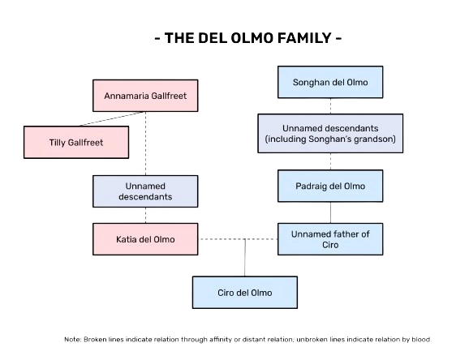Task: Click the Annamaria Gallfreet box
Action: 145,96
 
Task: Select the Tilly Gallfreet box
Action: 76,143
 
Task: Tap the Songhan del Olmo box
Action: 330,82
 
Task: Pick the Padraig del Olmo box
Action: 330,186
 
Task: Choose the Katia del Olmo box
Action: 145,239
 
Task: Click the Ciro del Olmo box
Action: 245,293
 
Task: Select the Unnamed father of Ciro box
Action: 330,239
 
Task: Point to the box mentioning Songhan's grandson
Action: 330,133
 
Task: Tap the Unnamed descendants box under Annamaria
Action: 145,191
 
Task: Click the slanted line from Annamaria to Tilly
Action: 112,119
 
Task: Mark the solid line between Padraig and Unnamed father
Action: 330,212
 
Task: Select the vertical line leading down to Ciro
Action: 245,258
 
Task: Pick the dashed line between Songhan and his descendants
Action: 330,106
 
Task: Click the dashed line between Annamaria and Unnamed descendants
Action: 145,144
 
